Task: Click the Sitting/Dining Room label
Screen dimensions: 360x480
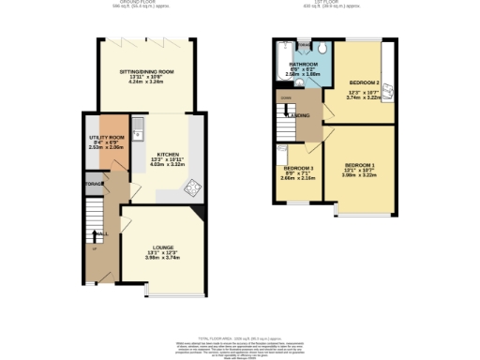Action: tap(146, 71)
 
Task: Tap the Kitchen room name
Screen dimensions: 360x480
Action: tap(168, 153)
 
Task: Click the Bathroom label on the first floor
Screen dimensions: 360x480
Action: tap(303, 65)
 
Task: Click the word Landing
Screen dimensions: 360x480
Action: tap(299, 116)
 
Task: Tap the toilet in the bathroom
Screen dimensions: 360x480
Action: tap(321, 51)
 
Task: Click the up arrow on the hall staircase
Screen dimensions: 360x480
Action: tap(94, 247)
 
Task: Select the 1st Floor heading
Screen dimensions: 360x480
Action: tap(328, 3)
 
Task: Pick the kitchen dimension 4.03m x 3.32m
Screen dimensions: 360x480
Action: tap(168, 164)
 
